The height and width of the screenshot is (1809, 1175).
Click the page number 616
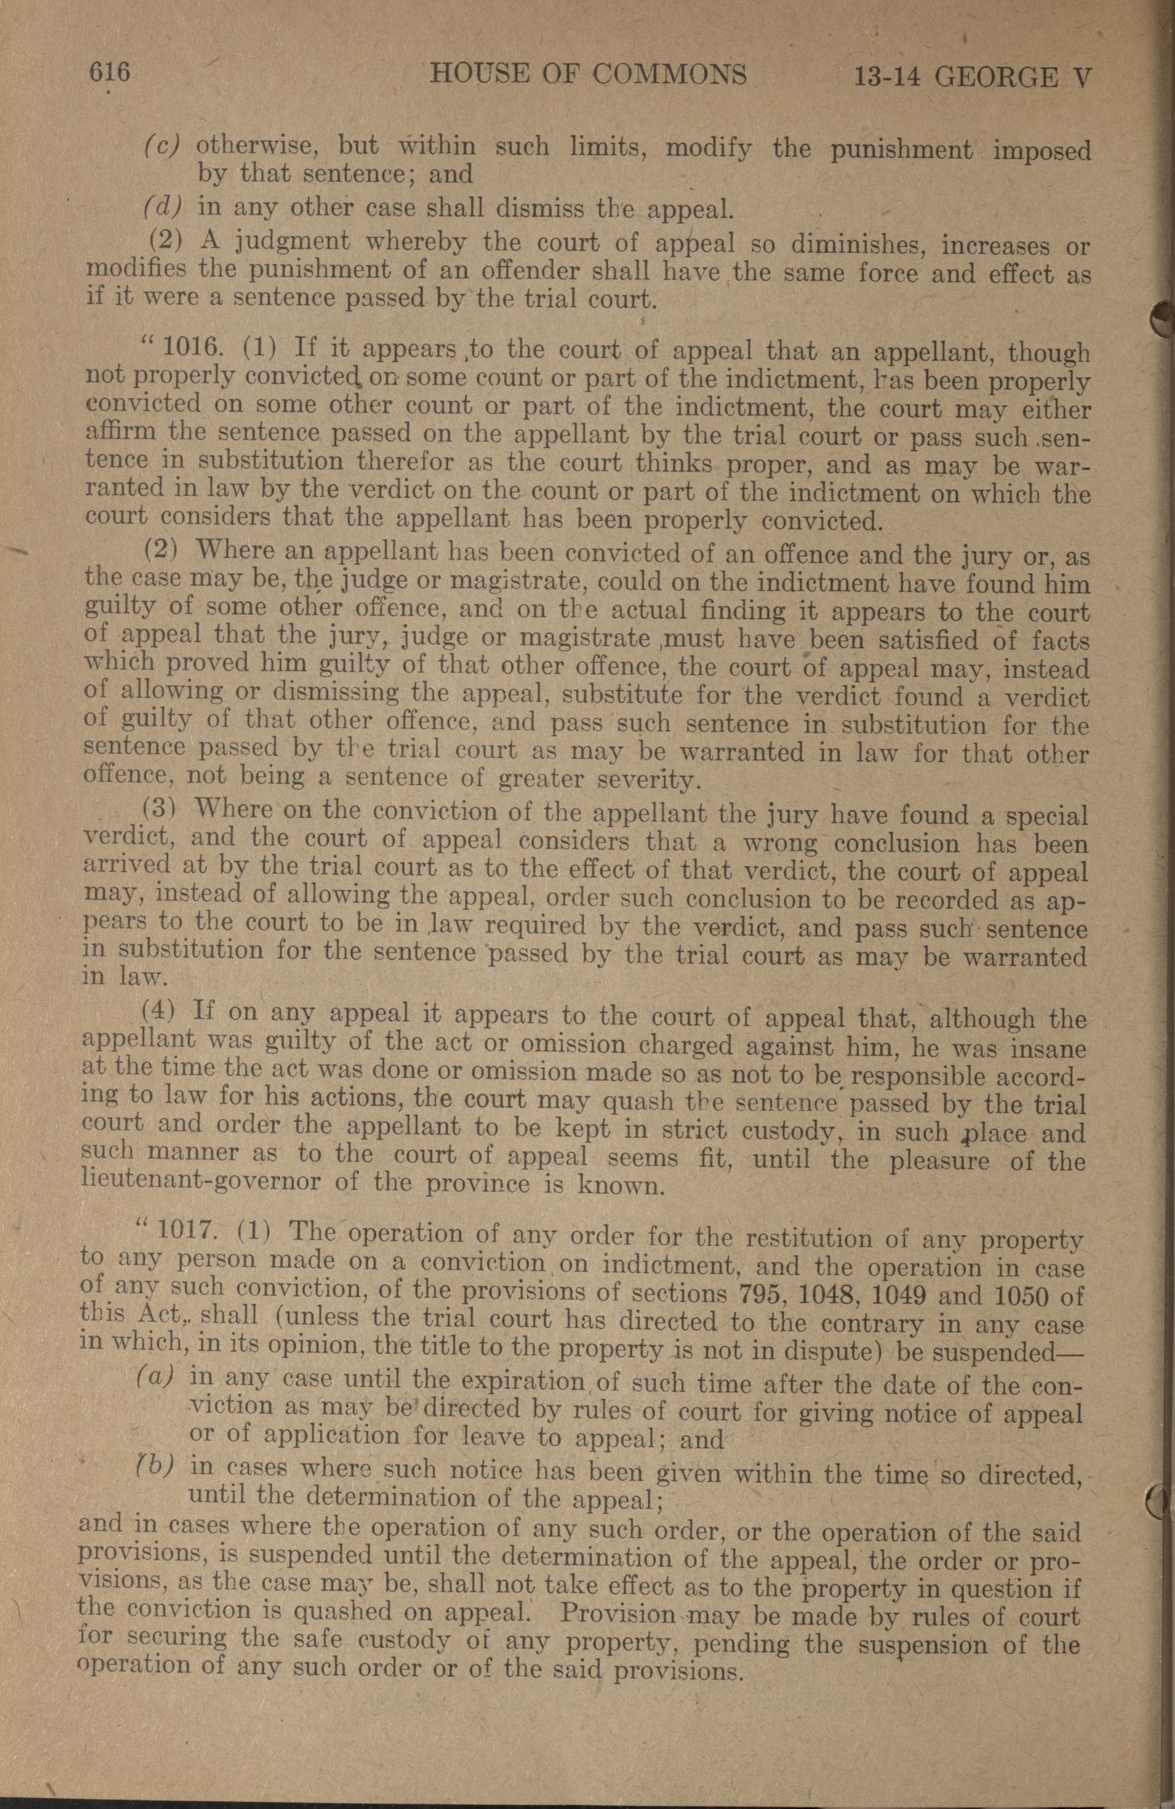click(110, 73)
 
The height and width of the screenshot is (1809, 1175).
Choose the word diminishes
click(845, 246)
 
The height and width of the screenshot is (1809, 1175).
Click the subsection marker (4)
click(159, 1012)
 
